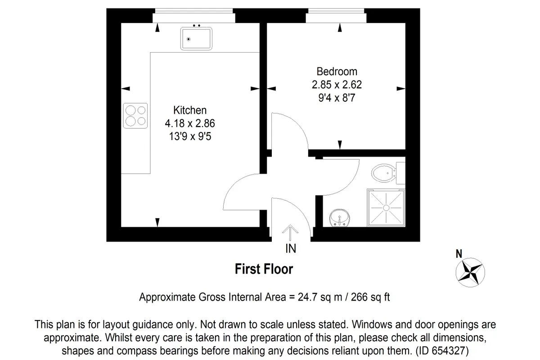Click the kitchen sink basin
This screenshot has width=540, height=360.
[196, 39]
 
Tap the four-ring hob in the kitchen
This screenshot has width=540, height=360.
[135, 116]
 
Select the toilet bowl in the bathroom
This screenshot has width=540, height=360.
[383, 173]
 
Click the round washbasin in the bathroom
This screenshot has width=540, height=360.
[340, 218]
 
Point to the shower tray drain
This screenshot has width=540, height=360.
[386, 207]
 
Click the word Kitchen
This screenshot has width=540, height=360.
[190, 110]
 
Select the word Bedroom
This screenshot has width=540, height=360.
[337, 72]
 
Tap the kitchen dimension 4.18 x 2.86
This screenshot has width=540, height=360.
[190, 123]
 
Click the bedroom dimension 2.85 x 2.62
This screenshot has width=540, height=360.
[337, 85]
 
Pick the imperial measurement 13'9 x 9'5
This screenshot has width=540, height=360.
[190, 136]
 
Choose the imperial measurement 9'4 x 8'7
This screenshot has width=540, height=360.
[337, 98]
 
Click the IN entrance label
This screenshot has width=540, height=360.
[291, 248]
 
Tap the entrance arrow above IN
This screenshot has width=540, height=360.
[290, 233]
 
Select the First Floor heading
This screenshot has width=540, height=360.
[264, 269]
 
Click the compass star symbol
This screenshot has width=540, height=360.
[470, 272]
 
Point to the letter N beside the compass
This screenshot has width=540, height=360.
[459, 254]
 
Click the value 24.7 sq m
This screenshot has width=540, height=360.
[320, 297]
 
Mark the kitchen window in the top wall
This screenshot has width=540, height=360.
[194, 16]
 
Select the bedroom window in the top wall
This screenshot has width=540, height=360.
[336, 16]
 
